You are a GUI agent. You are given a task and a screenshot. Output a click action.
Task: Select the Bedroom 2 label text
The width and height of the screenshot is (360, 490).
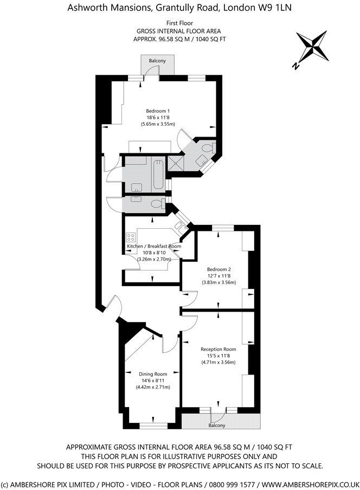pos(219,269)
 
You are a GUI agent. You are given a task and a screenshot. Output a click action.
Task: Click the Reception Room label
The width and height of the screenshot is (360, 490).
pos(218,349)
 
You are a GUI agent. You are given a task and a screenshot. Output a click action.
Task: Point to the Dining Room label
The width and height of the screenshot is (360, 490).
pos(152,374)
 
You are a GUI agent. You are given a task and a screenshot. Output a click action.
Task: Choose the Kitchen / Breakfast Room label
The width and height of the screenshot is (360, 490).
pos(154,246)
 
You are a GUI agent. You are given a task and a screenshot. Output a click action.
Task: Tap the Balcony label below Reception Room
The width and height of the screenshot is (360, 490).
pos(217,425)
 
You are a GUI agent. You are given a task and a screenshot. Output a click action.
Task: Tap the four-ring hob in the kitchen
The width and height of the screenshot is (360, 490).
pos(131,238)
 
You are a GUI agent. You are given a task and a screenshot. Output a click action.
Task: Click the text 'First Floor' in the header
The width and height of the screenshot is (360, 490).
pos(179,23)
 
